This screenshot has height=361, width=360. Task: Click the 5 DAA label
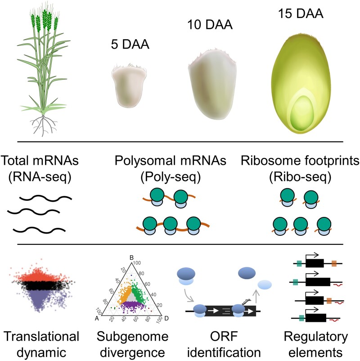(130, 45)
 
